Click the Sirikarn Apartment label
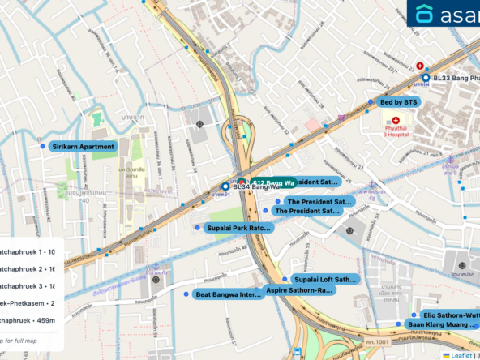tap(84, 147)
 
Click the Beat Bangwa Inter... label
tap(229, 294)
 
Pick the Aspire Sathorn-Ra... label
tap(300, 289)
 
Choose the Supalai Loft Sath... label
tap(324, 279)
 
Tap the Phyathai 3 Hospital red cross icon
tap(396, 120)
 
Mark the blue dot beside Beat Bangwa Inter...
tap(186, 294)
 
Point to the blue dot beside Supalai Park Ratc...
tap(197, 228)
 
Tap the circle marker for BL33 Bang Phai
tap(426, 78)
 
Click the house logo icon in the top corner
tap(424, 14)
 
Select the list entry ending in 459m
tap(31, 320)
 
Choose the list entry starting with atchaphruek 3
tap(31, 286)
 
